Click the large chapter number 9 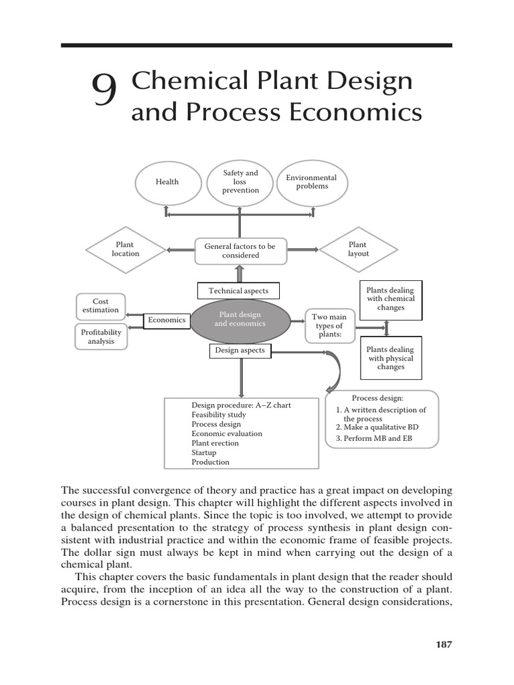point(104,92)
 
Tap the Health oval point(167,182)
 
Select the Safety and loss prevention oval point(240,181)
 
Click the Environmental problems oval point(311,182)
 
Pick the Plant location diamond point(125,250)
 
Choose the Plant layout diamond point(358,250)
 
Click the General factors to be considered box point(240,251)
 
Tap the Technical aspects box point(238,291)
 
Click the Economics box point(167,320)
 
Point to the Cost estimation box point(100,306)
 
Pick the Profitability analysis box point(101,336)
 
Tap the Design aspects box point(240,350)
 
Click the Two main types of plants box point(330,325)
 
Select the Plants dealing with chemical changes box point(391,299)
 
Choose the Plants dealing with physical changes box point(391,358)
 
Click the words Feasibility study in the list point(218,415)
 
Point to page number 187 point(444,645)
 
